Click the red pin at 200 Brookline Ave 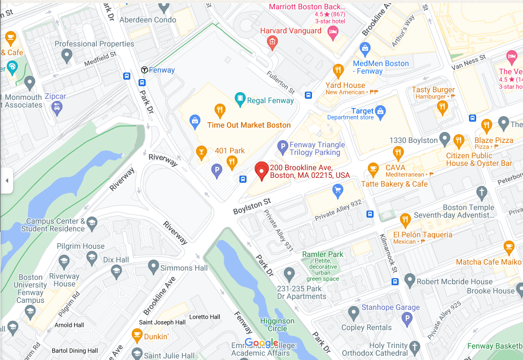[262, 170]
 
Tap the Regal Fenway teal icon [239, 99]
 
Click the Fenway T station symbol [145, 70]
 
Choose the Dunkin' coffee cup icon [137, 334]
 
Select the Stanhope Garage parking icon [407, 319]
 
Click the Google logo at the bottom [261, 343]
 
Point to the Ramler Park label [323, 254]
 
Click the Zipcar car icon [56, 107]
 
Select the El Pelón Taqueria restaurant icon [405, 220]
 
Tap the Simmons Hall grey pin [153, 267]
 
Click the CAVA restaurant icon [373, 169]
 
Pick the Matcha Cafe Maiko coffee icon [509, 247]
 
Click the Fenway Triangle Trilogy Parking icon [282, 146]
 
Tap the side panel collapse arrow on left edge [6, 180]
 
